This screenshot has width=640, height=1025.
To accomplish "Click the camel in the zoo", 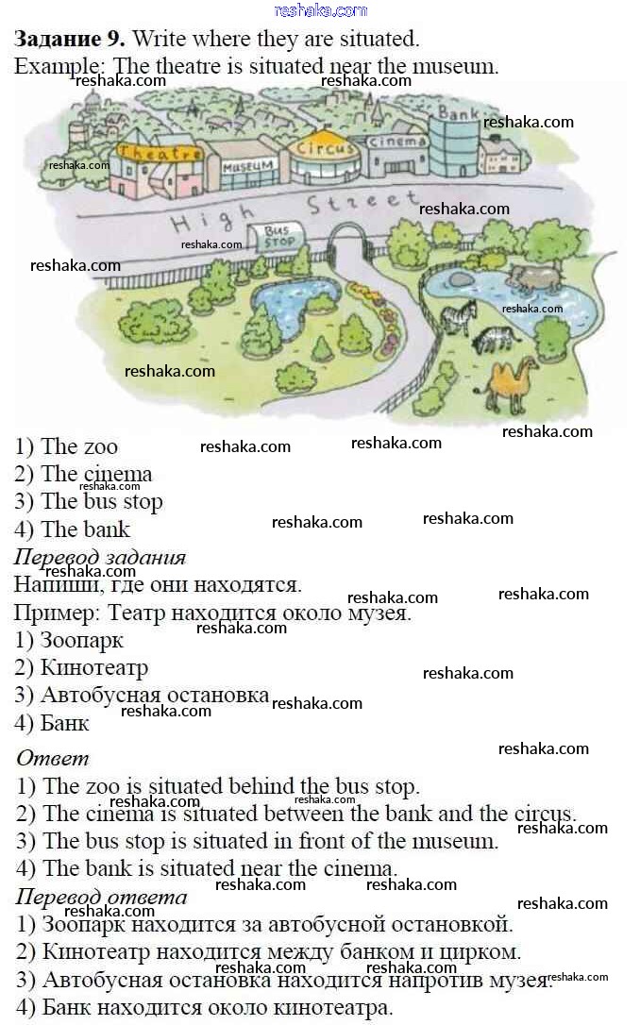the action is pyautogui.click(x=512, y=387).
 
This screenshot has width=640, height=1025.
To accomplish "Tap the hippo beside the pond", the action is pyautogui.click(x=535, y=277).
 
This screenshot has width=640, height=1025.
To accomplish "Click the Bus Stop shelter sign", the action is pyautogui.click(x=276, y=237).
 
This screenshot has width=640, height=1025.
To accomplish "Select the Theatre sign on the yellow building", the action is pyautogui.click(x=159, y=153).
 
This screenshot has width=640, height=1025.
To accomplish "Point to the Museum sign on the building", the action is pyautogui.click(x=247, y=167).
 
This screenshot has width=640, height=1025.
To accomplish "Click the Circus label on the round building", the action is pyautogui.click(x=325, y=148).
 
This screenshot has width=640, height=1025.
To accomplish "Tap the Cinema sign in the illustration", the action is pyautogui.click(x=396, y=142).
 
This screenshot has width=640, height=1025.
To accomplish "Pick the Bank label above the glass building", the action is pyautogui.click(x=458, y=113).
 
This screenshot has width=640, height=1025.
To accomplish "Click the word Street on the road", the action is pyautogui.click(x=363, y=202).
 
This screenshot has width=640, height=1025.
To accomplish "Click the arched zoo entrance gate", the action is pyautogui.click(x=347, y=238).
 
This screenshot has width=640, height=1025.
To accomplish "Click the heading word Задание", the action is pyautogui.click(x=59, y=39).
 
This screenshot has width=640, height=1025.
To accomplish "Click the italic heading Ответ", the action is pyautogui.click(x=52, y=758).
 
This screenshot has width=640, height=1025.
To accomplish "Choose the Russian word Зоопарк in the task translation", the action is pyautogui.click(x=82, y=641).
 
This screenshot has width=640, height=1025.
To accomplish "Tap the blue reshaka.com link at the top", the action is pyautogui.click(x=320, y=10).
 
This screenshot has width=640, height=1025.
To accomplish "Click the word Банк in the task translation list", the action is pyautogui.click(x=65, y=723).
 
